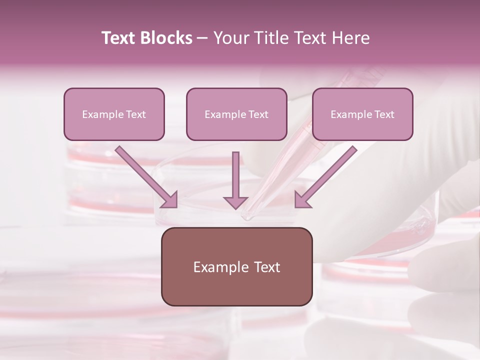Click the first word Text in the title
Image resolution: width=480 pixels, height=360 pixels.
[120, 38]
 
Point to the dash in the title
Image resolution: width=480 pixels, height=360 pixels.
[202, 38]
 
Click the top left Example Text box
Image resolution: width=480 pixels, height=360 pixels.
[114, 114]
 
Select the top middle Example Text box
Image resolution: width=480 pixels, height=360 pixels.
[236, 114]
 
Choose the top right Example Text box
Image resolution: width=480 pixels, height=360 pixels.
[362, 114]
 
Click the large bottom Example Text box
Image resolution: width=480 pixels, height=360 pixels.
[236, 266]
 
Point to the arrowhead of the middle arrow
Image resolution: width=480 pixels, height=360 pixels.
[235, 202]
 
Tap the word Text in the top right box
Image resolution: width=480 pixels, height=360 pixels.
[384, 114]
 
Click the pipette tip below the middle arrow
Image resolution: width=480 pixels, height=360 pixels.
[246, 217]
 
